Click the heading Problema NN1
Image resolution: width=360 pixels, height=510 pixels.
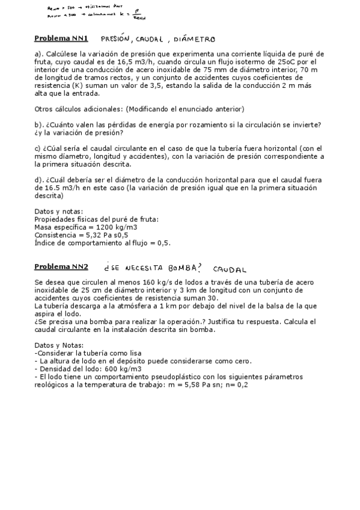[x=61, y=38]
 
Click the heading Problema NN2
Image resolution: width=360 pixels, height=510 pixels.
[x=61, y=266]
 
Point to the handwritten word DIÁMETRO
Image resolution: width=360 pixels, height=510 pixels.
[x=193, y=40]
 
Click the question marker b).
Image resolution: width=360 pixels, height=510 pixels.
[x=38, y=124]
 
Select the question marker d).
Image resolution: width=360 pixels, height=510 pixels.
[x=38, y=180]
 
